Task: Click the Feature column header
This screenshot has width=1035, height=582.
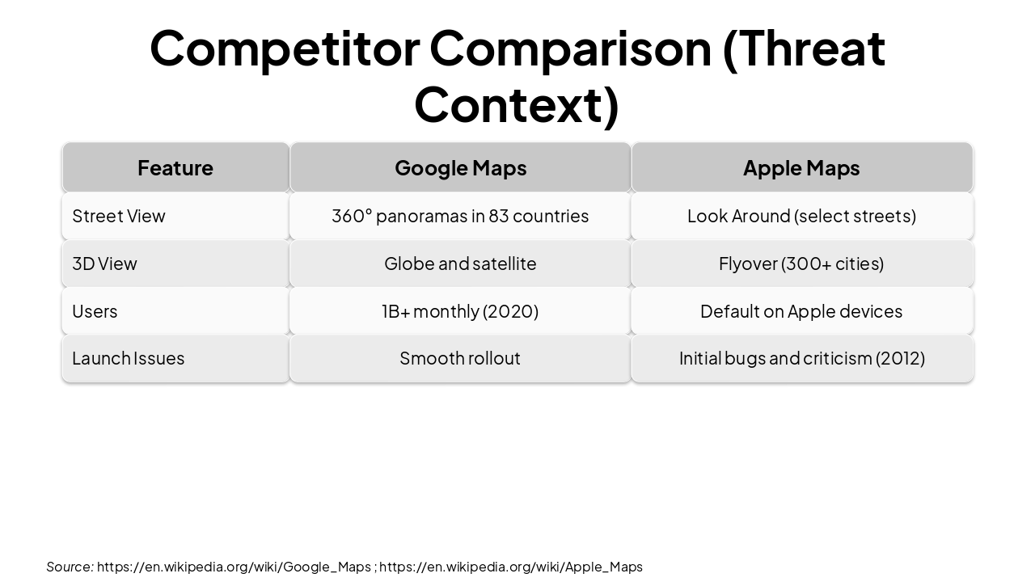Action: coord(175,167)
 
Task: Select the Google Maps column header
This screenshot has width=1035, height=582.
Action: coord(460,167)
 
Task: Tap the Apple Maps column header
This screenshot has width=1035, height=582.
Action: coord(801,167)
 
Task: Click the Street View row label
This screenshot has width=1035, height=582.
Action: coord(119,216)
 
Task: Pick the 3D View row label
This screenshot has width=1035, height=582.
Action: coord(104,264)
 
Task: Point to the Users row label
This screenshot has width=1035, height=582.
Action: coord(95,311)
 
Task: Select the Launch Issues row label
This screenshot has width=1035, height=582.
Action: coord(128,358)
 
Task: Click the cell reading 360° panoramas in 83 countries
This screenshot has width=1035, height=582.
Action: coord(460,216)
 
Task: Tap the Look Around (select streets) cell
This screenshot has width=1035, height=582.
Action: coord(801,216)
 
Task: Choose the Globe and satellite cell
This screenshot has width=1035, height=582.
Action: coord(460,264)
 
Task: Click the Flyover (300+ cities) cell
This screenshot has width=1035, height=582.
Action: coord(801,264)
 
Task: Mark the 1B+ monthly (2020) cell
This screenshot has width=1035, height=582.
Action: coord(460,311)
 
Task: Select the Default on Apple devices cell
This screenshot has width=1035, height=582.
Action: coord(801,311)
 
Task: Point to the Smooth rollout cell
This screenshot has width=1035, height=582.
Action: coord(460,358)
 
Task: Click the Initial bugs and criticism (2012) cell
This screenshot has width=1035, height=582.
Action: coord(801,358)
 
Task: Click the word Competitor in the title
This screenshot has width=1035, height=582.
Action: coord(285,48)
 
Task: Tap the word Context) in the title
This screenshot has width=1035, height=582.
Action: coord(517,104)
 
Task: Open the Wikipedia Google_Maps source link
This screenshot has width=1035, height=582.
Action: coord(234,567)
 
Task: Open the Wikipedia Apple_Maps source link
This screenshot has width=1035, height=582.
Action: coord(511,567)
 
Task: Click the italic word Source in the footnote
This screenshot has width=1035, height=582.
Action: coord(69,567)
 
